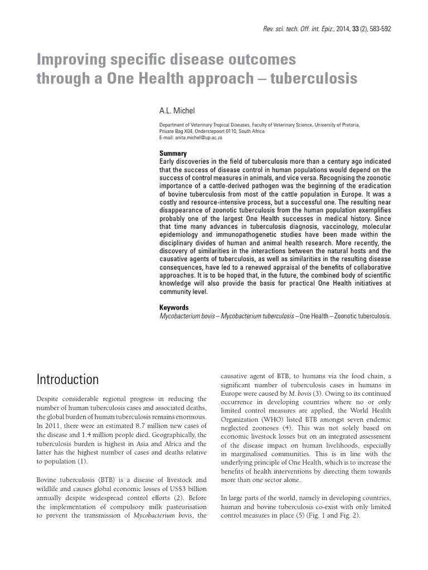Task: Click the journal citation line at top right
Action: coord(327,29)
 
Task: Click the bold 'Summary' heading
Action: coord(173,154)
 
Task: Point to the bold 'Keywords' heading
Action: coord(174,307)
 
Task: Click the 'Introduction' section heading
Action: coord(67,380)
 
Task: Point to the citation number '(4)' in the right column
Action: coord(287,428)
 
